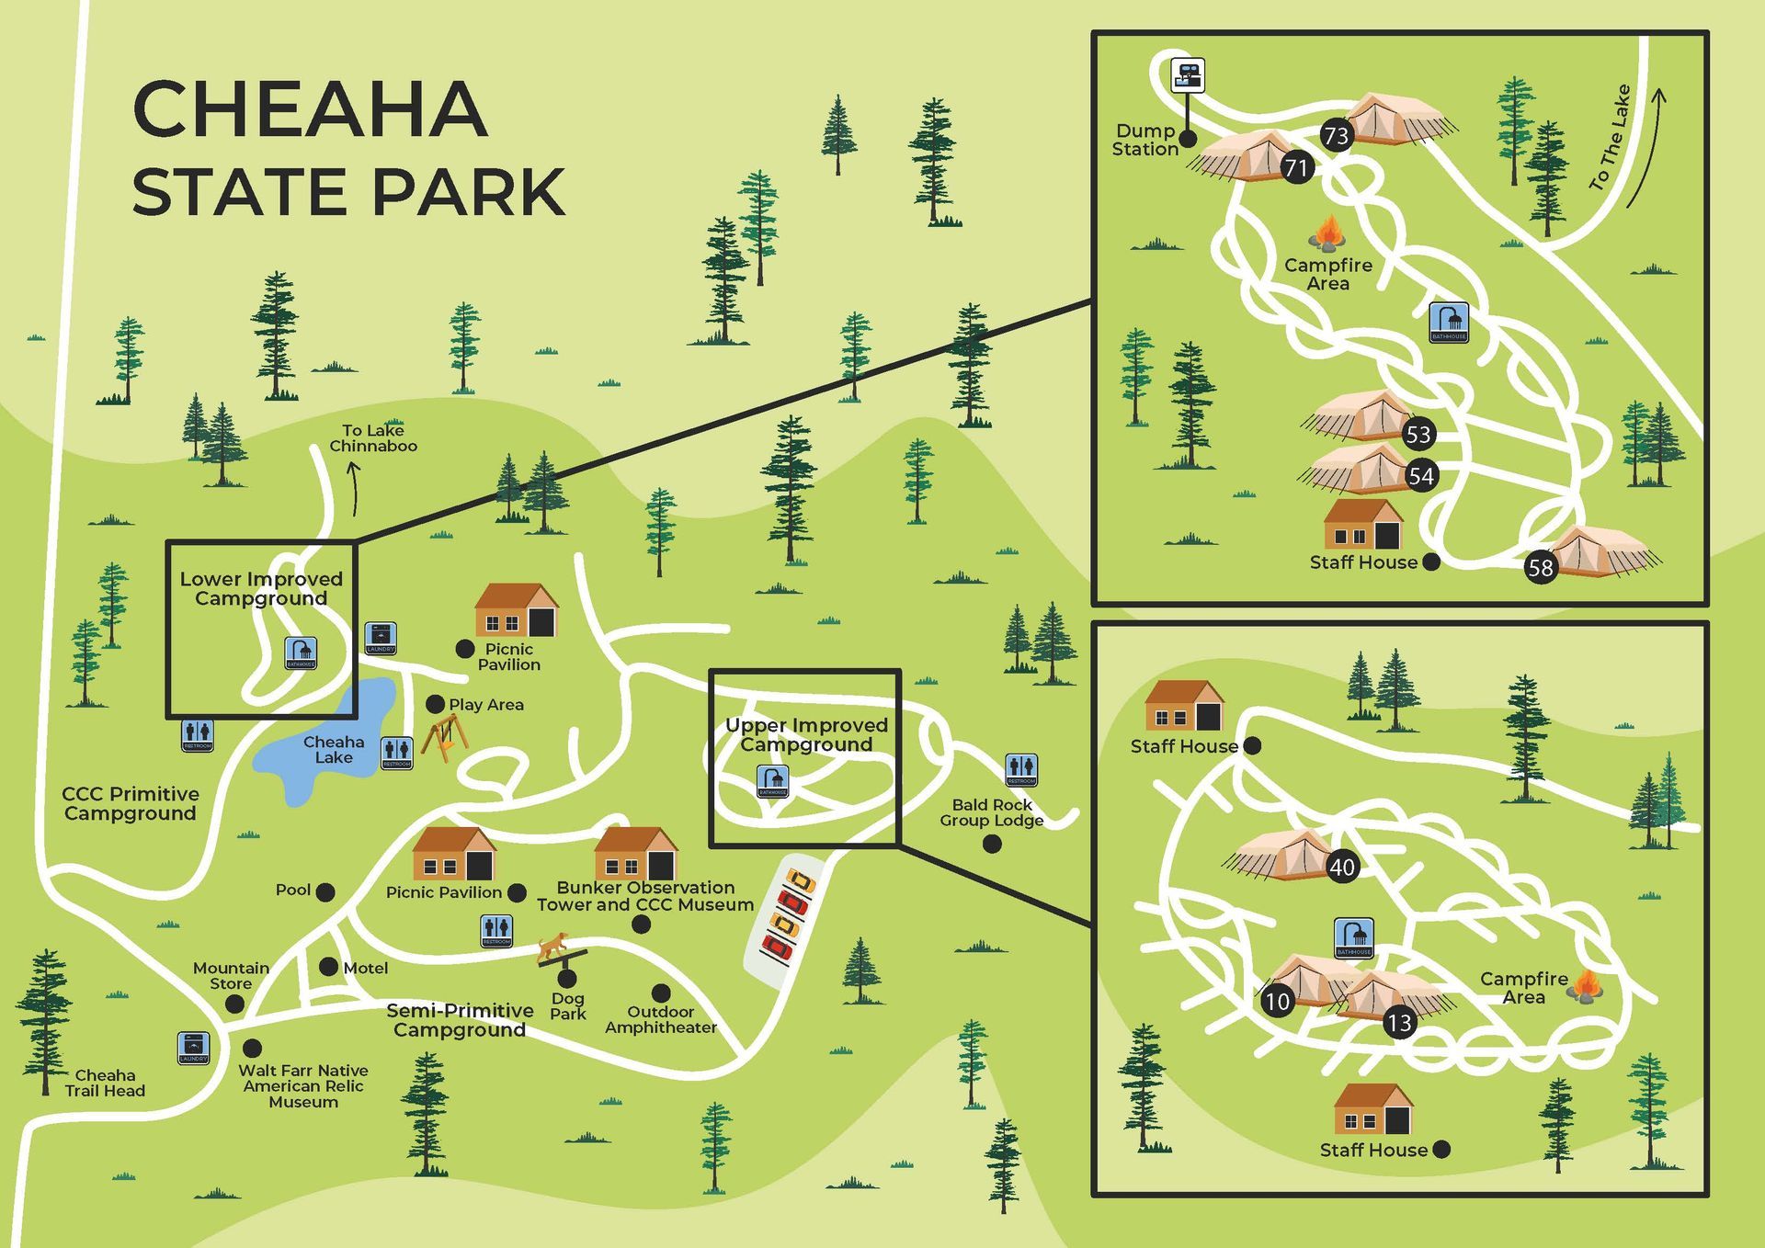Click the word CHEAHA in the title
(x=310, y=109)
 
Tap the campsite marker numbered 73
(x=1336, y=136)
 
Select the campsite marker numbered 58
(x=1541, y=567)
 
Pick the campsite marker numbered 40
(x=1342, y=867)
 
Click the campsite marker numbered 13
(x=1399, y=1023)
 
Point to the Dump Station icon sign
(x=1187, y=75)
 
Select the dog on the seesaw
(x=553, y=946)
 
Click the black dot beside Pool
(x=325, y=891)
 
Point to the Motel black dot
(x=328, y=967)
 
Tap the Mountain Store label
(x=231, y=976)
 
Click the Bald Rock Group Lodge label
(x=991, y=812)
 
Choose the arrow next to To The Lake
(x=1647, y=147)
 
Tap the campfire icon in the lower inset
(x=1586, y=986)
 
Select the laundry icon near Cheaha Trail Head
(x=193, y=1048)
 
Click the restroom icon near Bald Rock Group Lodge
(x=1021, y=768)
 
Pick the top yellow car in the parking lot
(x=802, y=883)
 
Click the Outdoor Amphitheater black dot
(x=661, y=993)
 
